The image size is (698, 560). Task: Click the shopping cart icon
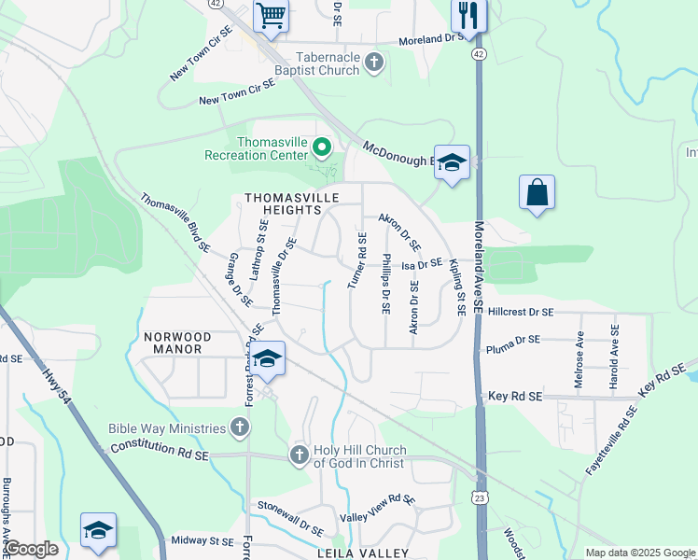271,15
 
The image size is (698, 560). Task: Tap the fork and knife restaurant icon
468,15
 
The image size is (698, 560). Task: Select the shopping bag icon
537,193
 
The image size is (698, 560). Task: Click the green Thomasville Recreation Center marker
321,147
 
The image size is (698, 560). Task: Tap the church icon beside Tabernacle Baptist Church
374,63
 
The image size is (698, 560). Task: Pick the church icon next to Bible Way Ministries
240,428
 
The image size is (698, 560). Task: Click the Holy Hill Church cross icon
300,455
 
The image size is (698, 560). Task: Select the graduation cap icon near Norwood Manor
268,360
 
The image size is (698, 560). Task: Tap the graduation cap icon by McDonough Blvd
452,162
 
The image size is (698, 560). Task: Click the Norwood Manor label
177,343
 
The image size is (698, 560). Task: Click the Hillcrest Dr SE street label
520,312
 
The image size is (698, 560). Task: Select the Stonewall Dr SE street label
290,515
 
